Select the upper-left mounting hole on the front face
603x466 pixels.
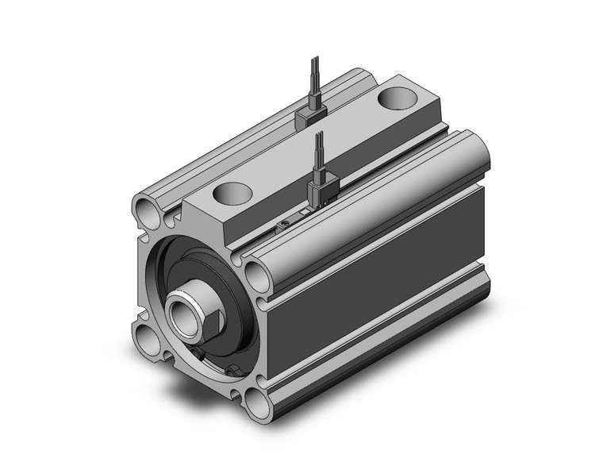click(x=148, y=210)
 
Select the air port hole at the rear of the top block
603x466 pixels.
click(x=394, y=98)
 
